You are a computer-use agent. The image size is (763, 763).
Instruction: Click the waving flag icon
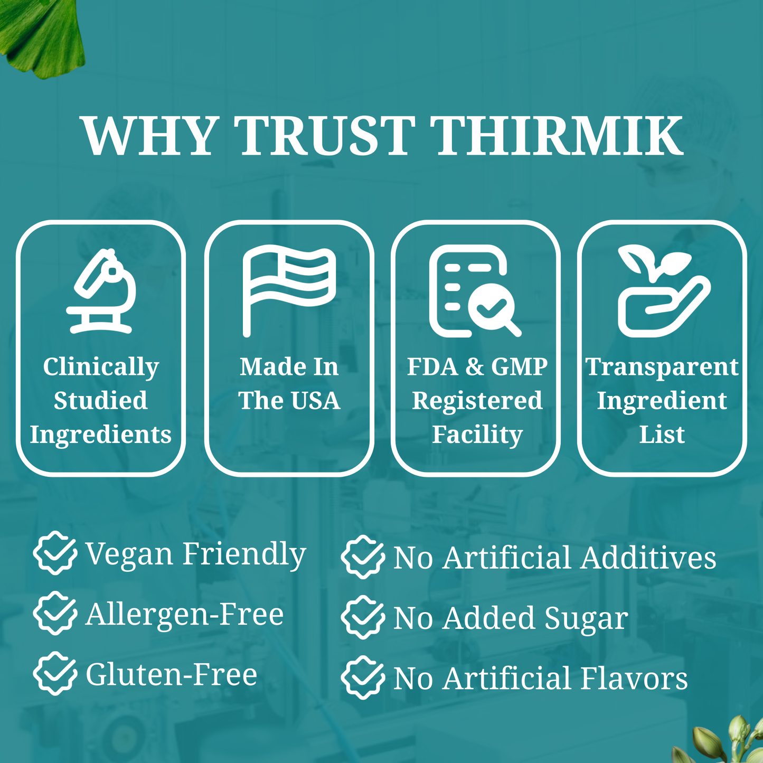coord(289,291)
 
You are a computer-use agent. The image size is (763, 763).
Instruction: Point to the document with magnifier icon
coord(475,291)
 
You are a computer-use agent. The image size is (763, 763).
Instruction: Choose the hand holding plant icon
coord(664,291)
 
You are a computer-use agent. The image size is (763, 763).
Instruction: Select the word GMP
coord(520,366)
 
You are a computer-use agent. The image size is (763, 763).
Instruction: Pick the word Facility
coord(477,435)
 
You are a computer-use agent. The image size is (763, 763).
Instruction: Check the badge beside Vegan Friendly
coord(55,553)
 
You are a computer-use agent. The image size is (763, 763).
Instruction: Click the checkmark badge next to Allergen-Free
coord(55,614)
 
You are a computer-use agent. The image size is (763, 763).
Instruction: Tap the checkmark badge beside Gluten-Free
coord(55,674)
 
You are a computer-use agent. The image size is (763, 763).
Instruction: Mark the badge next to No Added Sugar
coord(363,618)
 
